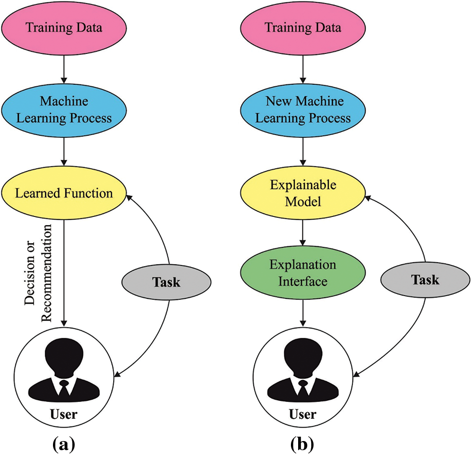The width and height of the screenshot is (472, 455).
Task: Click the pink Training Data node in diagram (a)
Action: (64, 27)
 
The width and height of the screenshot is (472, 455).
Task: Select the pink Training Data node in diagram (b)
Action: (303, 27)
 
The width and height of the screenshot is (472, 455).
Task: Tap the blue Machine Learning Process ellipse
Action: (64, 109)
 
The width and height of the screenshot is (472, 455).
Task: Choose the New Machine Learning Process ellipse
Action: (303, 109)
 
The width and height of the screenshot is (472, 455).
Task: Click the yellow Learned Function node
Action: (64, 193)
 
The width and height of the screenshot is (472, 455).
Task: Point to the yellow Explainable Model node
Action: (303, 193)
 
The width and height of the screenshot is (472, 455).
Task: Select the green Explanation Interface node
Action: (303, 272)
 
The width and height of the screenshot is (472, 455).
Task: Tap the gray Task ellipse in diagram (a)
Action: (166, 282)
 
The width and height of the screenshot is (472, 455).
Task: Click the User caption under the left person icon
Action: (64, 414)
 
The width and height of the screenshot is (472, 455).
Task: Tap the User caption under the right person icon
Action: (302, 414)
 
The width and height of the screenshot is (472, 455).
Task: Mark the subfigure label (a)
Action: (64, 443)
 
